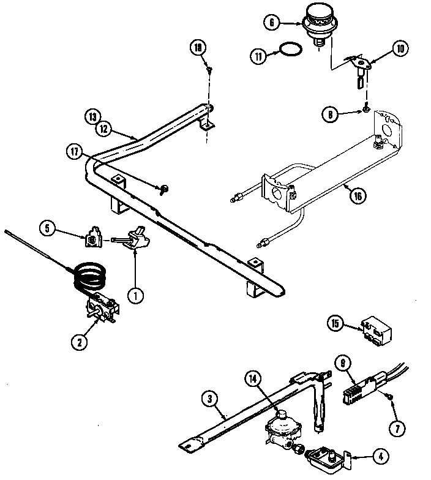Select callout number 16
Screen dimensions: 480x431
tap(358, 196)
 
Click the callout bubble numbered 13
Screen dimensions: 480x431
tap(92, 116)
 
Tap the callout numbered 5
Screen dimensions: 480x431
tap(48, 230)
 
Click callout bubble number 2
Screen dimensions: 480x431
tap(78, 342)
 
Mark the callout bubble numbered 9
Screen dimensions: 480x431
tap(343, 362)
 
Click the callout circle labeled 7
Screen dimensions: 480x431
tap(398, 428)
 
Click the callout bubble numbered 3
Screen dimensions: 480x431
tap(210, 399)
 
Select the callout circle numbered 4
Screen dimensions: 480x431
tap(382, 456)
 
